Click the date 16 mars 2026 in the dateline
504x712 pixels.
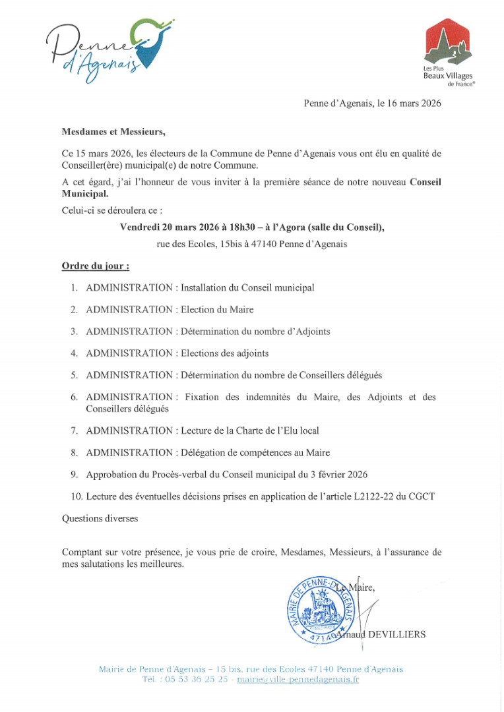coord(408,104)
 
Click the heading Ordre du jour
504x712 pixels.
coord(95,266)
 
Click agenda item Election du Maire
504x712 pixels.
coord(217,309)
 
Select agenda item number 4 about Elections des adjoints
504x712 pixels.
coord(224,353)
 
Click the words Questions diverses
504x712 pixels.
coord(100,518)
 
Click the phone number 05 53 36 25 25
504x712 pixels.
coord(197,680)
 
